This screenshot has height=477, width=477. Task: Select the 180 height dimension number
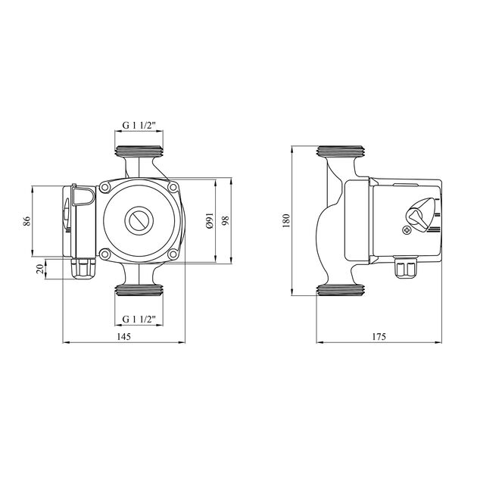pyautogui.click(x=286, y=220)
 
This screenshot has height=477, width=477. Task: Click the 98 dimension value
pyautogui.click(x=226, y=220)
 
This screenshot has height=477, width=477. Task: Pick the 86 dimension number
pyautogui.click(x=26, y=221)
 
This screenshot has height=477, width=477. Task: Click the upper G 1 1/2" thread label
pyautogui.click(x=139, y=125)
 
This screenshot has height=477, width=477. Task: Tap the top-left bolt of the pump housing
pyautogui.click(x=105, y=188)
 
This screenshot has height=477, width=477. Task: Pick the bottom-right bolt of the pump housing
pyautogui.click(x=173, y=254)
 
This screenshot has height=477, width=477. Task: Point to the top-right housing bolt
pyautogui.click(x=173, y=188)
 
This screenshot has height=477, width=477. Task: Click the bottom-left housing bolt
pyautogui.click(x=105, y=254)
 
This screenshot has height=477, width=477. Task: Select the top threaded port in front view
pyautogui.click(x=139, y=151)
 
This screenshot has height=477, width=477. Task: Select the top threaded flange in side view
pyautogui.click(x=341, y=152)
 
